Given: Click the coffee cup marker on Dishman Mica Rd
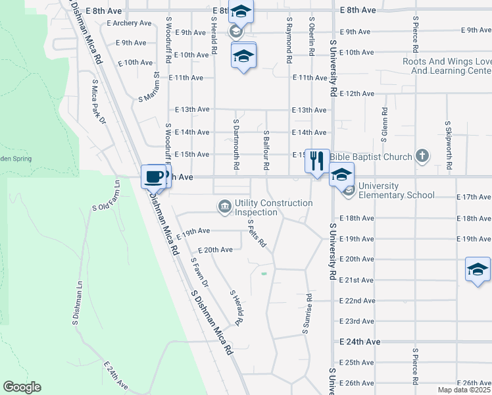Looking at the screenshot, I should coord(155,176).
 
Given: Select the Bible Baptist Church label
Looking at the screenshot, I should coord(371,157).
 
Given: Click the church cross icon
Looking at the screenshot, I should coord(422,157).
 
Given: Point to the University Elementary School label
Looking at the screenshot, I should coord(397,195).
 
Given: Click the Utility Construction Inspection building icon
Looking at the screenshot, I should coord(225,207).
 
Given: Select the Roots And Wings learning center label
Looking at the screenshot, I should coord(447,66).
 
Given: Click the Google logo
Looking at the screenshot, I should coord(22,386).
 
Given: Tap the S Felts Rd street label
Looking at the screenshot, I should coord(257,233).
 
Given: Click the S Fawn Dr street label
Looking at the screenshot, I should coord(199,273).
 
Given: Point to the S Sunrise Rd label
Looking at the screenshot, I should coord(306,313).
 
